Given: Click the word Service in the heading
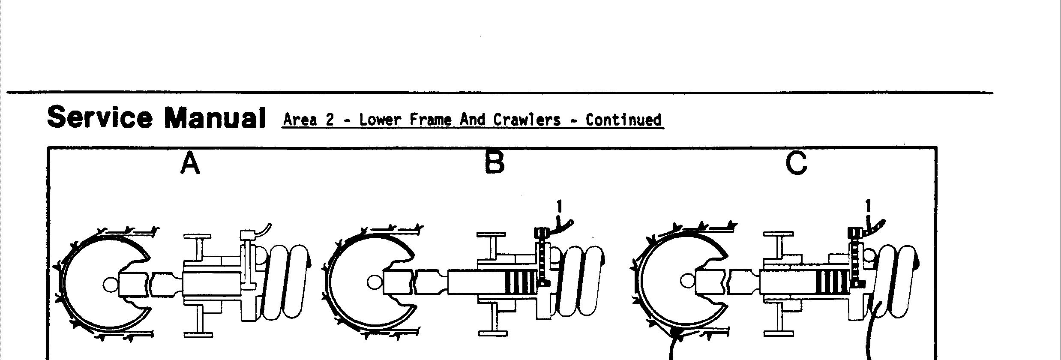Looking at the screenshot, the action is [99, 117].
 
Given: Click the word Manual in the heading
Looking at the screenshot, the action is [215, 117].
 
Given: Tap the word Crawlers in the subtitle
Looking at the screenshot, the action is [527, 120].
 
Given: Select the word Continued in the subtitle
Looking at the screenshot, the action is [623, 120].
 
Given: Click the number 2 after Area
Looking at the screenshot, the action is [329, 120].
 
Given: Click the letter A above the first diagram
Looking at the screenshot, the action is [190, 163].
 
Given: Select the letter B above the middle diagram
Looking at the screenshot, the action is [495, 163].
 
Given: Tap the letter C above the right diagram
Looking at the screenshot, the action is [796, 163].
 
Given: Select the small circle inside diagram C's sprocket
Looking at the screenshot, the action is [686, 282].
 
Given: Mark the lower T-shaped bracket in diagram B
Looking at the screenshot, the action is [493, 321].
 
